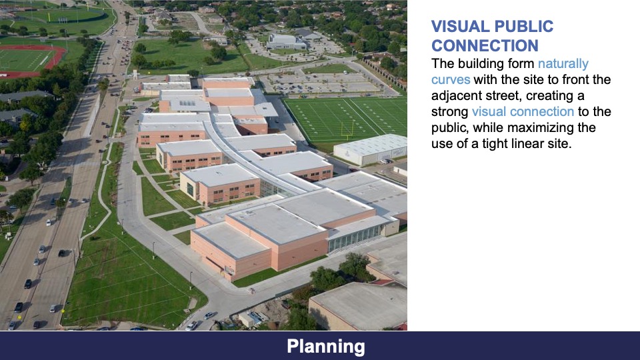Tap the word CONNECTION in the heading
point(485,46)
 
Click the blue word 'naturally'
point(563,64)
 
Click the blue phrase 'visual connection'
point(522,112)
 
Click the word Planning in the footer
point(326,347)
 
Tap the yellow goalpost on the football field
point(347,129)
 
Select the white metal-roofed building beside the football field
point(371,149)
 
